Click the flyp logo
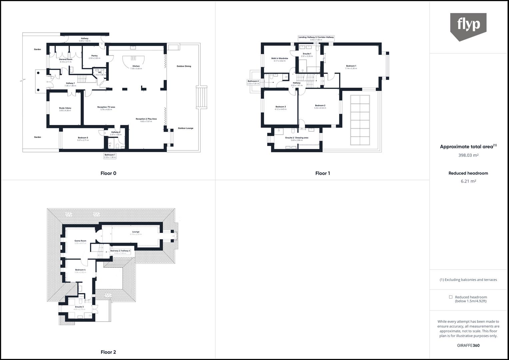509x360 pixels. (x=468, y=26)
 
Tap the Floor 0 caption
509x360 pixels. (x=108, y=173)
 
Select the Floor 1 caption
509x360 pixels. (x=322, y=173)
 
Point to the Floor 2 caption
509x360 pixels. (x=108, y=352)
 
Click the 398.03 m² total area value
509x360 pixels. (x=468, y=155)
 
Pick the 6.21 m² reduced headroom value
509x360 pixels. (x=468, y=181)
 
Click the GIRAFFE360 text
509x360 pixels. (x=468, y=345)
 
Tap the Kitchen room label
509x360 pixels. (x=136, y=66)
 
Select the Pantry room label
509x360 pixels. (x=94, y=56)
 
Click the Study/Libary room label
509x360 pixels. (x=65, y=108)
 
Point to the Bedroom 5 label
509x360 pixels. (x=83, y=138)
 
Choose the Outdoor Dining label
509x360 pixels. (x=184, y=66)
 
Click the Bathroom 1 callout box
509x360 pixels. (x=110, y=156)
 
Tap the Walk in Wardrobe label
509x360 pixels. (x=279, y=58)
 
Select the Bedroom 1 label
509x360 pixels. (x=351, y=66)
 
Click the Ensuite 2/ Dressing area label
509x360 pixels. (x=297, y=138)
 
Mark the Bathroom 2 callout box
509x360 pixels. (x=253, y=82)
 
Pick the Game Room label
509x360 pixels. (x=80, y=241)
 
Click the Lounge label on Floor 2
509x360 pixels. (x=136, y=232)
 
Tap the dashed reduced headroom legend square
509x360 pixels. (x=450, y=297)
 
